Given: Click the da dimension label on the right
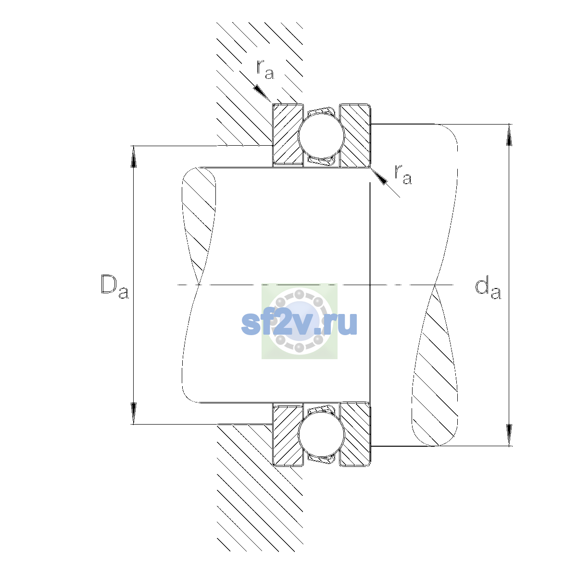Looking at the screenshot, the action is pos(488,288).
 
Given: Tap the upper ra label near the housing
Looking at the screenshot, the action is pos(265,69).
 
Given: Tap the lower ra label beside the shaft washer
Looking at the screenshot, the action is pos(403,174).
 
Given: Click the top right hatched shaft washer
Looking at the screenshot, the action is pos(355,135).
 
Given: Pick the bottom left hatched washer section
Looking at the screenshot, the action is pos(288,435).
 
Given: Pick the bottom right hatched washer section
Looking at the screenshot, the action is pos(355,435).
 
